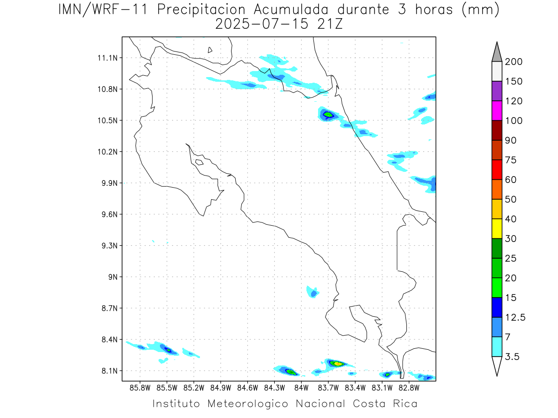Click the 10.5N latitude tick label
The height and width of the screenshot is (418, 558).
coord(110,120)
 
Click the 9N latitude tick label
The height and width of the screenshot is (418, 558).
coord(114,277)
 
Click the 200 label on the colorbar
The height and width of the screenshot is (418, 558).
coord(513,62)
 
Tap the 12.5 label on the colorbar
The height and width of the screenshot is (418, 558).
coord(515,317)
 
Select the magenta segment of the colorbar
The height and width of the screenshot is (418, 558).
coord(497,111)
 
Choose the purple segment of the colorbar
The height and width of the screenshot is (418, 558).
coord(497,91)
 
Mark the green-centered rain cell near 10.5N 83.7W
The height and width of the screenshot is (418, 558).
coord(328,114)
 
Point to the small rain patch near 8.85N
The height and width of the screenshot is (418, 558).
coord(313,292)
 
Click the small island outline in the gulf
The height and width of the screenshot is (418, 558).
coord(199,162)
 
